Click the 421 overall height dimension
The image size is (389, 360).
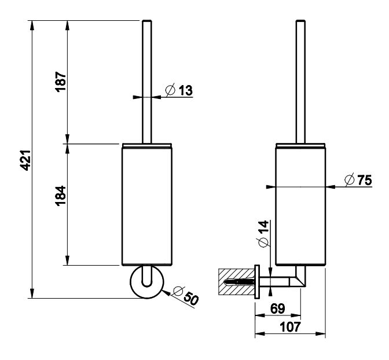(x=24, y=160)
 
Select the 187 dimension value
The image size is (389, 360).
(x=60, y=80)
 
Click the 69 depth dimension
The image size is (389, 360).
(x=278, y=308)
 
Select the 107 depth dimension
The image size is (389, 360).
(x=289, y=327)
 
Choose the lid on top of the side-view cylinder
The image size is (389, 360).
(x=300, y=143)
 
